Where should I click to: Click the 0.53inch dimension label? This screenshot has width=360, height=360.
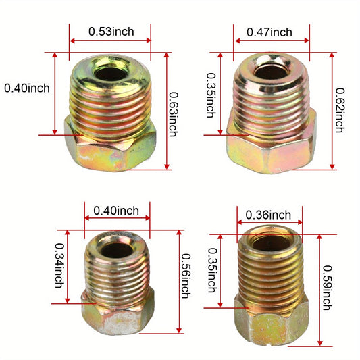point(111,32)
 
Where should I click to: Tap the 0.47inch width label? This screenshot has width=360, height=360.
point(269,32)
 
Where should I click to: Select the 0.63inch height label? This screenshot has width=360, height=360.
point(174,114)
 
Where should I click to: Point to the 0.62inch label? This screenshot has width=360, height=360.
point(340,110)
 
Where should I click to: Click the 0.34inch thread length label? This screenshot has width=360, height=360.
point(59,265)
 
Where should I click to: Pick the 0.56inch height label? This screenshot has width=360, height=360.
point(186,276)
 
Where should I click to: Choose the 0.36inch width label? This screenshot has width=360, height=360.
point(268,215)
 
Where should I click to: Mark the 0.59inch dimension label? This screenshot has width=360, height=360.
point(328,288)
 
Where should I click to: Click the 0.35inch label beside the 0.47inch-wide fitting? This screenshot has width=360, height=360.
point(211,95)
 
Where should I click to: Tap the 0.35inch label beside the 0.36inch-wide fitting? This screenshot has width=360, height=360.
point(212,270)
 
